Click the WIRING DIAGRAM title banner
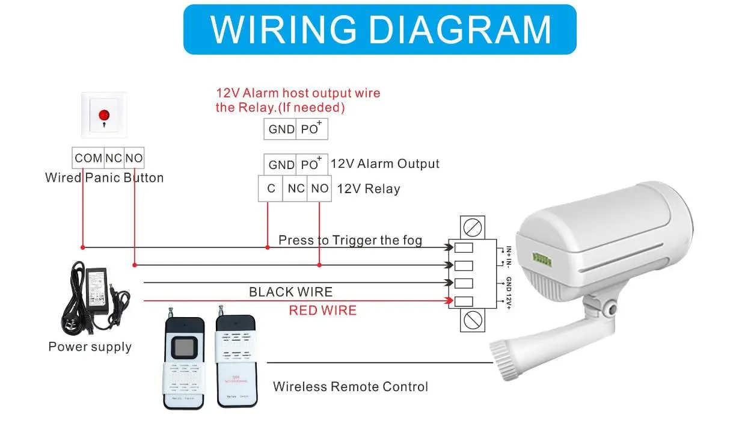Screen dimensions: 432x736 [379, 29]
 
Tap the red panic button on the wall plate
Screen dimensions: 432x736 [103, 114]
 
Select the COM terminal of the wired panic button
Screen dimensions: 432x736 [88, 158]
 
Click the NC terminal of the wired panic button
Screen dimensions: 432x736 [114, 158]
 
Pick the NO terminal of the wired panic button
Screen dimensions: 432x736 [134, 158]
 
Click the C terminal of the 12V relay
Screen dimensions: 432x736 [271, 188]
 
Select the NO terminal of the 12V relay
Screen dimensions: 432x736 [319, 188]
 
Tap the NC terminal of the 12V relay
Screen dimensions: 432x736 [296, 188]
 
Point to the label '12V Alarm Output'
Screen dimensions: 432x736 [385, 164]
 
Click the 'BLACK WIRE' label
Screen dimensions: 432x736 [290, 292]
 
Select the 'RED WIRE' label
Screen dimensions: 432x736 [322, 310]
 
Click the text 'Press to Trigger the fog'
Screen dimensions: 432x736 [350, 241]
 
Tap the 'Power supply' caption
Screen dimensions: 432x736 [90, 347]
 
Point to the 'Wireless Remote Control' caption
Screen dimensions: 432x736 [351, 386]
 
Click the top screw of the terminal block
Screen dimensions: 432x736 [473, 228]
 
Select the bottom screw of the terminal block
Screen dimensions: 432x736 [473, 321]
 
